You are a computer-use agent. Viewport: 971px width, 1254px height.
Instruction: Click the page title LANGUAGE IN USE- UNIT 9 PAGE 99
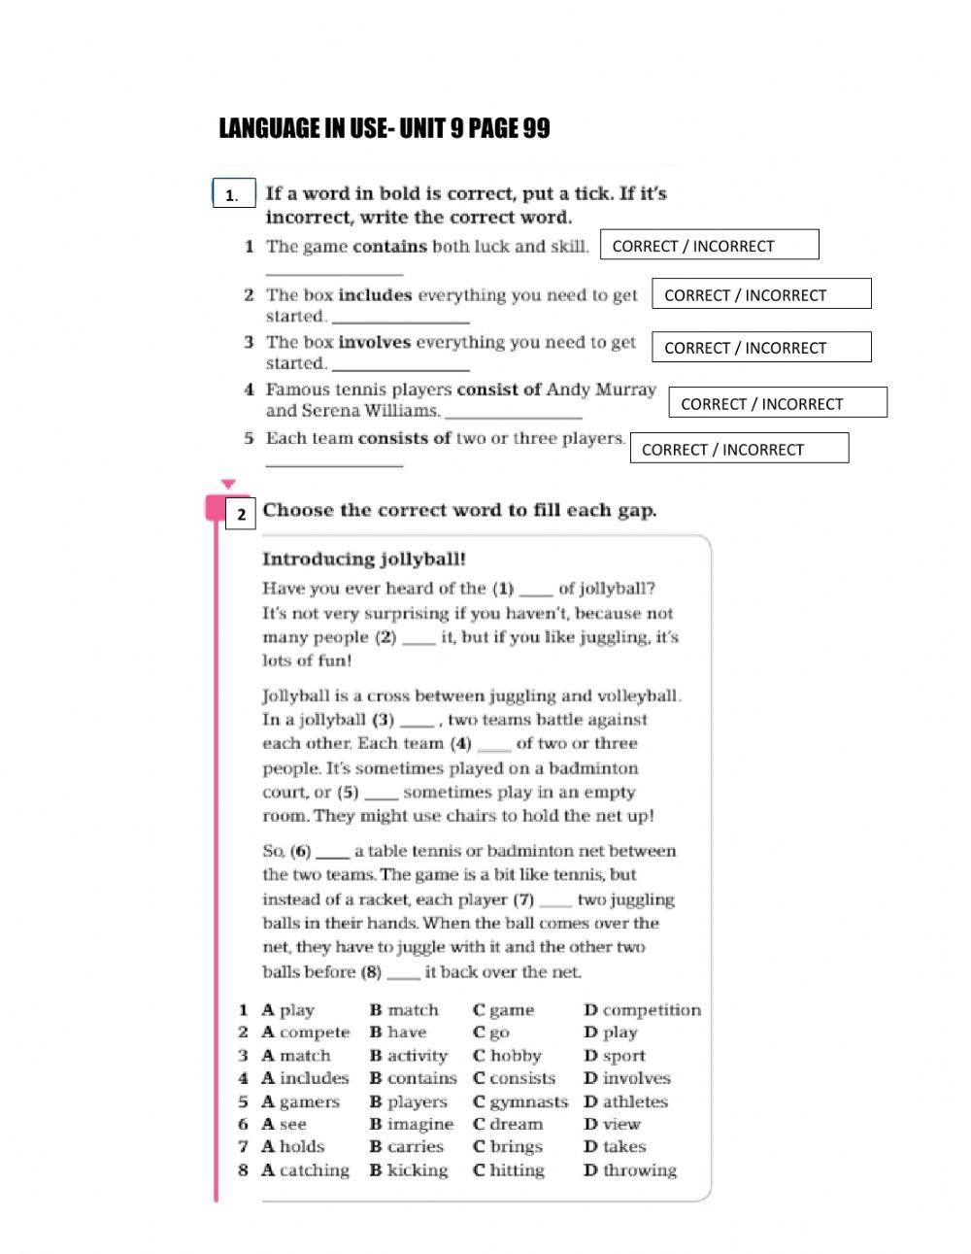385,129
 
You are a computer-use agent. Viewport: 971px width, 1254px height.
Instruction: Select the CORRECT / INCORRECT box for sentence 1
710,246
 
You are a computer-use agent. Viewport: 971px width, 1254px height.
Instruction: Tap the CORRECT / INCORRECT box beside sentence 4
778,403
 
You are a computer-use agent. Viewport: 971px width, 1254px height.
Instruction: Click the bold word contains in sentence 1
390,247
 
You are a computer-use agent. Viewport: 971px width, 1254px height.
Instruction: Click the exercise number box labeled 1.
233,194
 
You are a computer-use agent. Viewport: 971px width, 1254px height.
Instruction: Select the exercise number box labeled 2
241,514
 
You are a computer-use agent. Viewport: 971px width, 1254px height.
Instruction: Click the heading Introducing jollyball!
364,559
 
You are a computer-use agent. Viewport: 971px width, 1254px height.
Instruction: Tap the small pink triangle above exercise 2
228,483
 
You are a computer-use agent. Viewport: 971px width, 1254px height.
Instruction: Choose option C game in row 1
503,1010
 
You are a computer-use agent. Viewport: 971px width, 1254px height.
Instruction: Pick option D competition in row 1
641,1010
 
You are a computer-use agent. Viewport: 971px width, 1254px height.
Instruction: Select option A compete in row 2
305,1033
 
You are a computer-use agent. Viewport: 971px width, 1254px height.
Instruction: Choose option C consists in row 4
514,1078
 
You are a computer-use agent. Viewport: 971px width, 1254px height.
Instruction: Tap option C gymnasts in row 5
519,1101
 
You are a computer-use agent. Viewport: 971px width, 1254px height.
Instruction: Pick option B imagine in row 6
411,1124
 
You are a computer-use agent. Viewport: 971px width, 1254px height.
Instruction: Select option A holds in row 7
292,1146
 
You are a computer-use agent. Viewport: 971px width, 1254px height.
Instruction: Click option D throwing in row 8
629,1170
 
